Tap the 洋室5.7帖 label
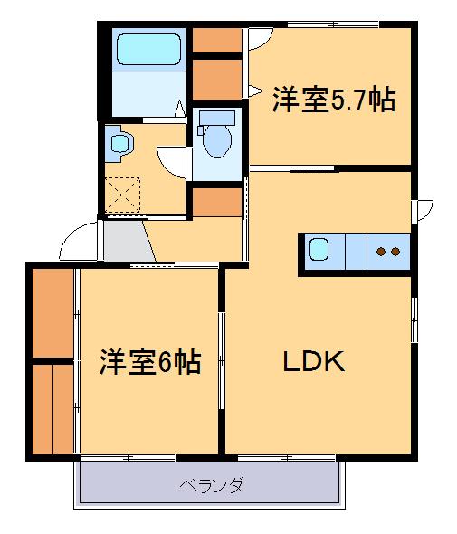coord(334,99)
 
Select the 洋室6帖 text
coord(149,362)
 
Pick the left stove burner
coord(382,251)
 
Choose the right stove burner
coord(396,251)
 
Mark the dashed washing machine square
coord(121,194)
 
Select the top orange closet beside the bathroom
coord(215,40)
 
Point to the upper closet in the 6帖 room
coord(52,312)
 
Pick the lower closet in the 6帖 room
coord(52,407)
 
